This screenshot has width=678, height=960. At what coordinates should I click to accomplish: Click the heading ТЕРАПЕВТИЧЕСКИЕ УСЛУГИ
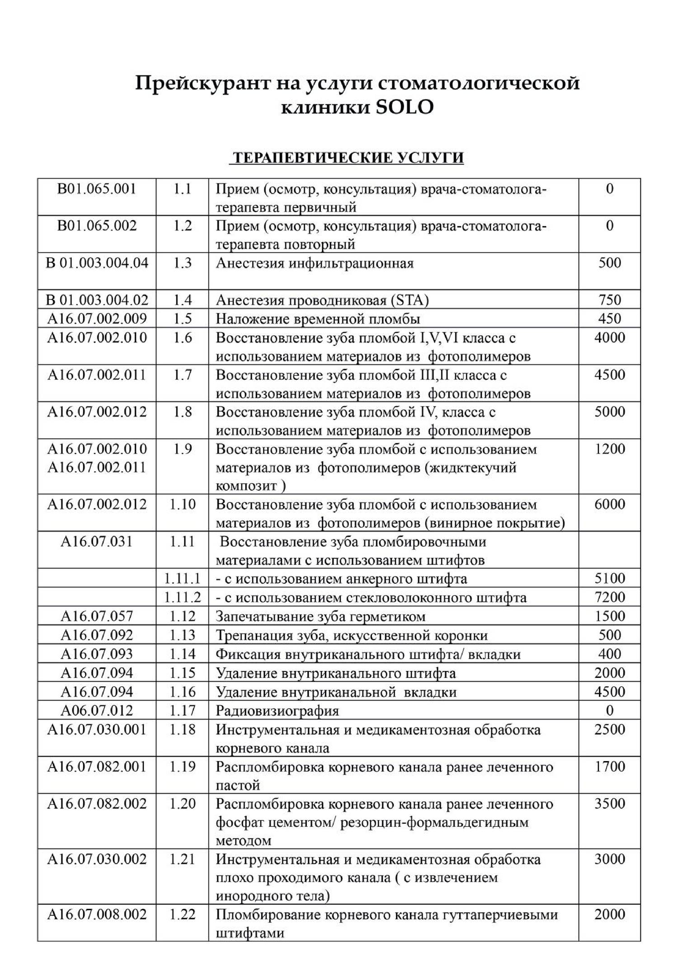pyautogui.click(x=347, y=158)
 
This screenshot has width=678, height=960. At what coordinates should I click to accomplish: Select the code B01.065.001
pyautogui.click(x=97, y=189)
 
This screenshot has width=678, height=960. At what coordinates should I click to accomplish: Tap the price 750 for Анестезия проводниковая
pyautogui.click(x=609, y=300)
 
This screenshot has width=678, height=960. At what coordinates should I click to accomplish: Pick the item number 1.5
pyautogui.click(x=182, y=319)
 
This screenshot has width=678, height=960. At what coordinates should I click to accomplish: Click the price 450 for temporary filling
pyautogui.click(x=609, y=319)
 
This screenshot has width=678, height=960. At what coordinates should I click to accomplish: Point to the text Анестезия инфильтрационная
pyautogui.click(x=315, y=263)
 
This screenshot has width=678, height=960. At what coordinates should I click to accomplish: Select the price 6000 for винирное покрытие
pyautogui.click(x=609, y=504)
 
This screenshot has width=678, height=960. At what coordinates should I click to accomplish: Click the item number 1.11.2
pyautogui.click(x=182, y=597)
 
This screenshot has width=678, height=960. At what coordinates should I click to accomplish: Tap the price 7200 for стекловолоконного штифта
pyautogui.click(x=609, y=597)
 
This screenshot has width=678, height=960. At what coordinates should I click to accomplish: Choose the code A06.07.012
pyautogui.click(x=97, y=710)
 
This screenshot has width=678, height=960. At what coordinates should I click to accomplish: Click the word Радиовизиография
pyautogui.click(x=277, y=711)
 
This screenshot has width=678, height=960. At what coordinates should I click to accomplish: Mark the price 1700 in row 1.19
pyautogui.click(x=609, y=766)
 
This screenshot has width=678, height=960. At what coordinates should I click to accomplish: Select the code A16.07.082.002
pyautogui.click(x=97, y=804)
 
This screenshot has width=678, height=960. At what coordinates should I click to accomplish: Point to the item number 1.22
pyautogui.click(x=182, y=914)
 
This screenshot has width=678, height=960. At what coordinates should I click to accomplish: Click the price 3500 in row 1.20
pyautogui.click(x=609, y=804)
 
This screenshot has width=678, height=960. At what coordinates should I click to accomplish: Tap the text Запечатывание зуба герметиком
pyautogui.click(x=320, y=616)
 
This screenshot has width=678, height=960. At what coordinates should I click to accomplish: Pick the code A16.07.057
pyautogui.click(x=97, y=616)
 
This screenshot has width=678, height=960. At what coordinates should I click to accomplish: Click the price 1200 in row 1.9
pyautogui.click(x=609, y=449)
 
